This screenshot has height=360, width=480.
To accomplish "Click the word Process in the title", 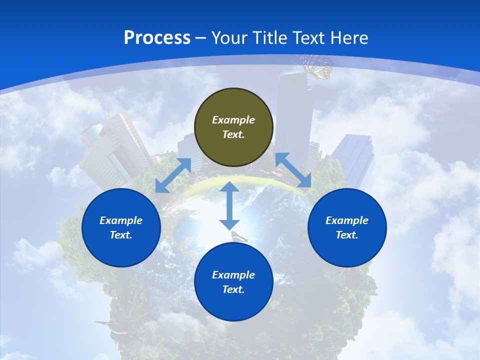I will (x=157, y=38).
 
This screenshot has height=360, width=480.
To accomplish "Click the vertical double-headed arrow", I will (x=229, y=205).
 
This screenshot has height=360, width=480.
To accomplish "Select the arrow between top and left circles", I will (x=173, y=175).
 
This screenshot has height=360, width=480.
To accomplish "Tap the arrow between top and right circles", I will (x=293, y=170).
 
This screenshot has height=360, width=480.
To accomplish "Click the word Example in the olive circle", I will (x=233, y=120).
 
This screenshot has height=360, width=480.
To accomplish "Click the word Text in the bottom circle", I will (x=233, y=289).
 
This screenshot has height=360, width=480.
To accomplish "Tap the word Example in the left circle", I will (x=121, y=220).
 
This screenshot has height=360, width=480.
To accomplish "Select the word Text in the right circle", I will (x=346, y=235).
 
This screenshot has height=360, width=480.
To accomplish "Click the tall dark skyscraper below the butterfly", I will (x=294, y=115).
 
